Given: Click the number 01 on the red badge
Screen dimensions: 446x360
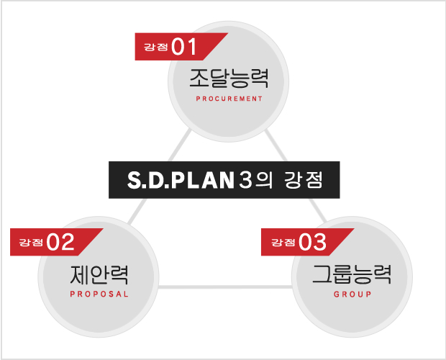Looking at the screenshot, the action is tap(184, 47).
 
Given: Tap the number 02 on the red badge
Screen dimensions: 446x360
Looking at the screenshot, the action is tap(60, 242).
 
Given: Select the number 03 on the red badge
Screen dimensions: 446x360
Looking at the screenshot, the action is tap(312, 242).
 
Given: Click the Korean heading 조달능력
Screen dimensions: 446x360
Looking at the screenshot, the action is tap(229, 78).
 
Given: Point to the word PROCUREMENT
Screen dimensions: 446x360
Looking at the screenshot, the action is tap(229, 99).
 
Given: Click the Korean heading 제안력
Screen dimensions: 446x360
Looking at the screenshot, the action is tap(99, 274).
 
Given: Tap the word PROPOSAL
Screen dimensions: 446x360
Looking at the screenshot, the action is tap(99, 294).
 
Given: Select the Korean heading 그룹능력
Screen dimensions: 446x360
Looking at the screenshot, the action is tap(352, 274).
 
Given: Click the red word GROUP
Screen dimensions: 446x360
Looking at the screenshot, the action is tap(352, 294).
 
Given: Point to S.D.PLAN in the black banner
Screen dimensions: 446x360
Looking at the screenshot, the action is tap(181, 180).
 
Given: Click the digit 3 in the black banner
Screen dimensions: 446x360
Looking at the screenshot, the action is tap(245, 180).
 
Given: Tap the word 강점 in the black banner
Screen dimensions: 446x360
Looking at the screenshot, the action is tap(304, 180).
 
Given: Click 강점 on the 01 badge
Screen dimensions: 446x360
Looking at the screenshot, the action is tap(156, 47).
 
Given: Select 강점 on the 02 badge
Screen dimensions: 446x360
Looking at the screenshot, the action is tap(31, 243).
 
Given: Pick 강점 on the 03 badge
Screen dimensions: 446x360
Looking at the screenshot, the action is tap(283, 243).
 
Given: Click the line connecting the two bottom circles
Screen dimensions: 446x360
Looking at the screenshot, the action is tap(224, 287).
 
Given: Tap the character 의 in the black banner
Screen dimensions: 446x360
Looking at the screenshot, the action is tap(264, 180).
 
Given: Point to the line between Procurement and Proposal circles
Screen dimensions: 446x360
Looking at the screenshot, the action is tap(159, 176).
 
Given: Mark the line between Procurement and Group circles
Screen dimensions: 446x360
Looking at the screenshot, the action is tap(296, 176).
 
